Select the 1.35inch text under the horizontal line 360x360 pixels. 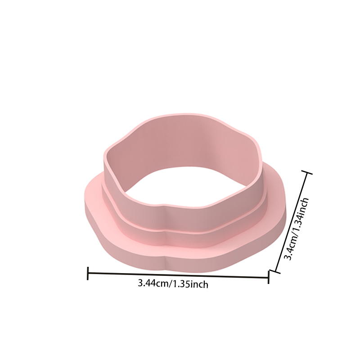click(x=190, y=284)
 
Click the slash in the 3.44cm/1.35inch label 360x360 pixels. click(x=171, y=284)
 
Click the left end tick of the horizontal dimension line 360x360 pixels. click(x=88, y=273)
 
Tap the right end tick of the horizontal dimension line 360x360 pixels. click(x=268, y=277)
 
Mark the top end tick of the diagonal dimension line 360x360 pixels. click(x=306, y=172)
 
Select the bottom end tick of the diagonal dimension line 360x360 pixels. click(x=275, y=271)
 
